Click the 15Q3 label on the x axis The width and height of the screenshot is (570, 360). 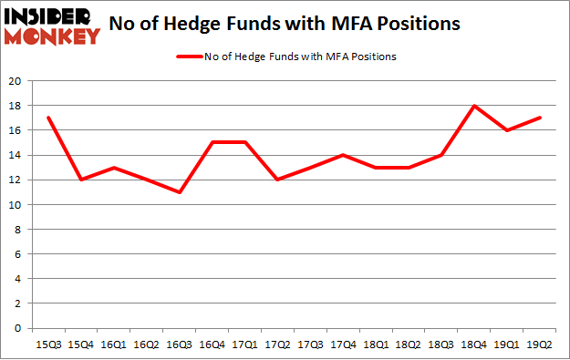pyautogui.click(x=48, y=345)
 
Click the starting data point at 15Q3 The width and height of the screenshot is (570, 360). pyautogui.click(x=48, y=118)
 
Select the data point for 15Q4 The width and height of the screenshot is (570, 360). pyautogui.click(x=81, y=180)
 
